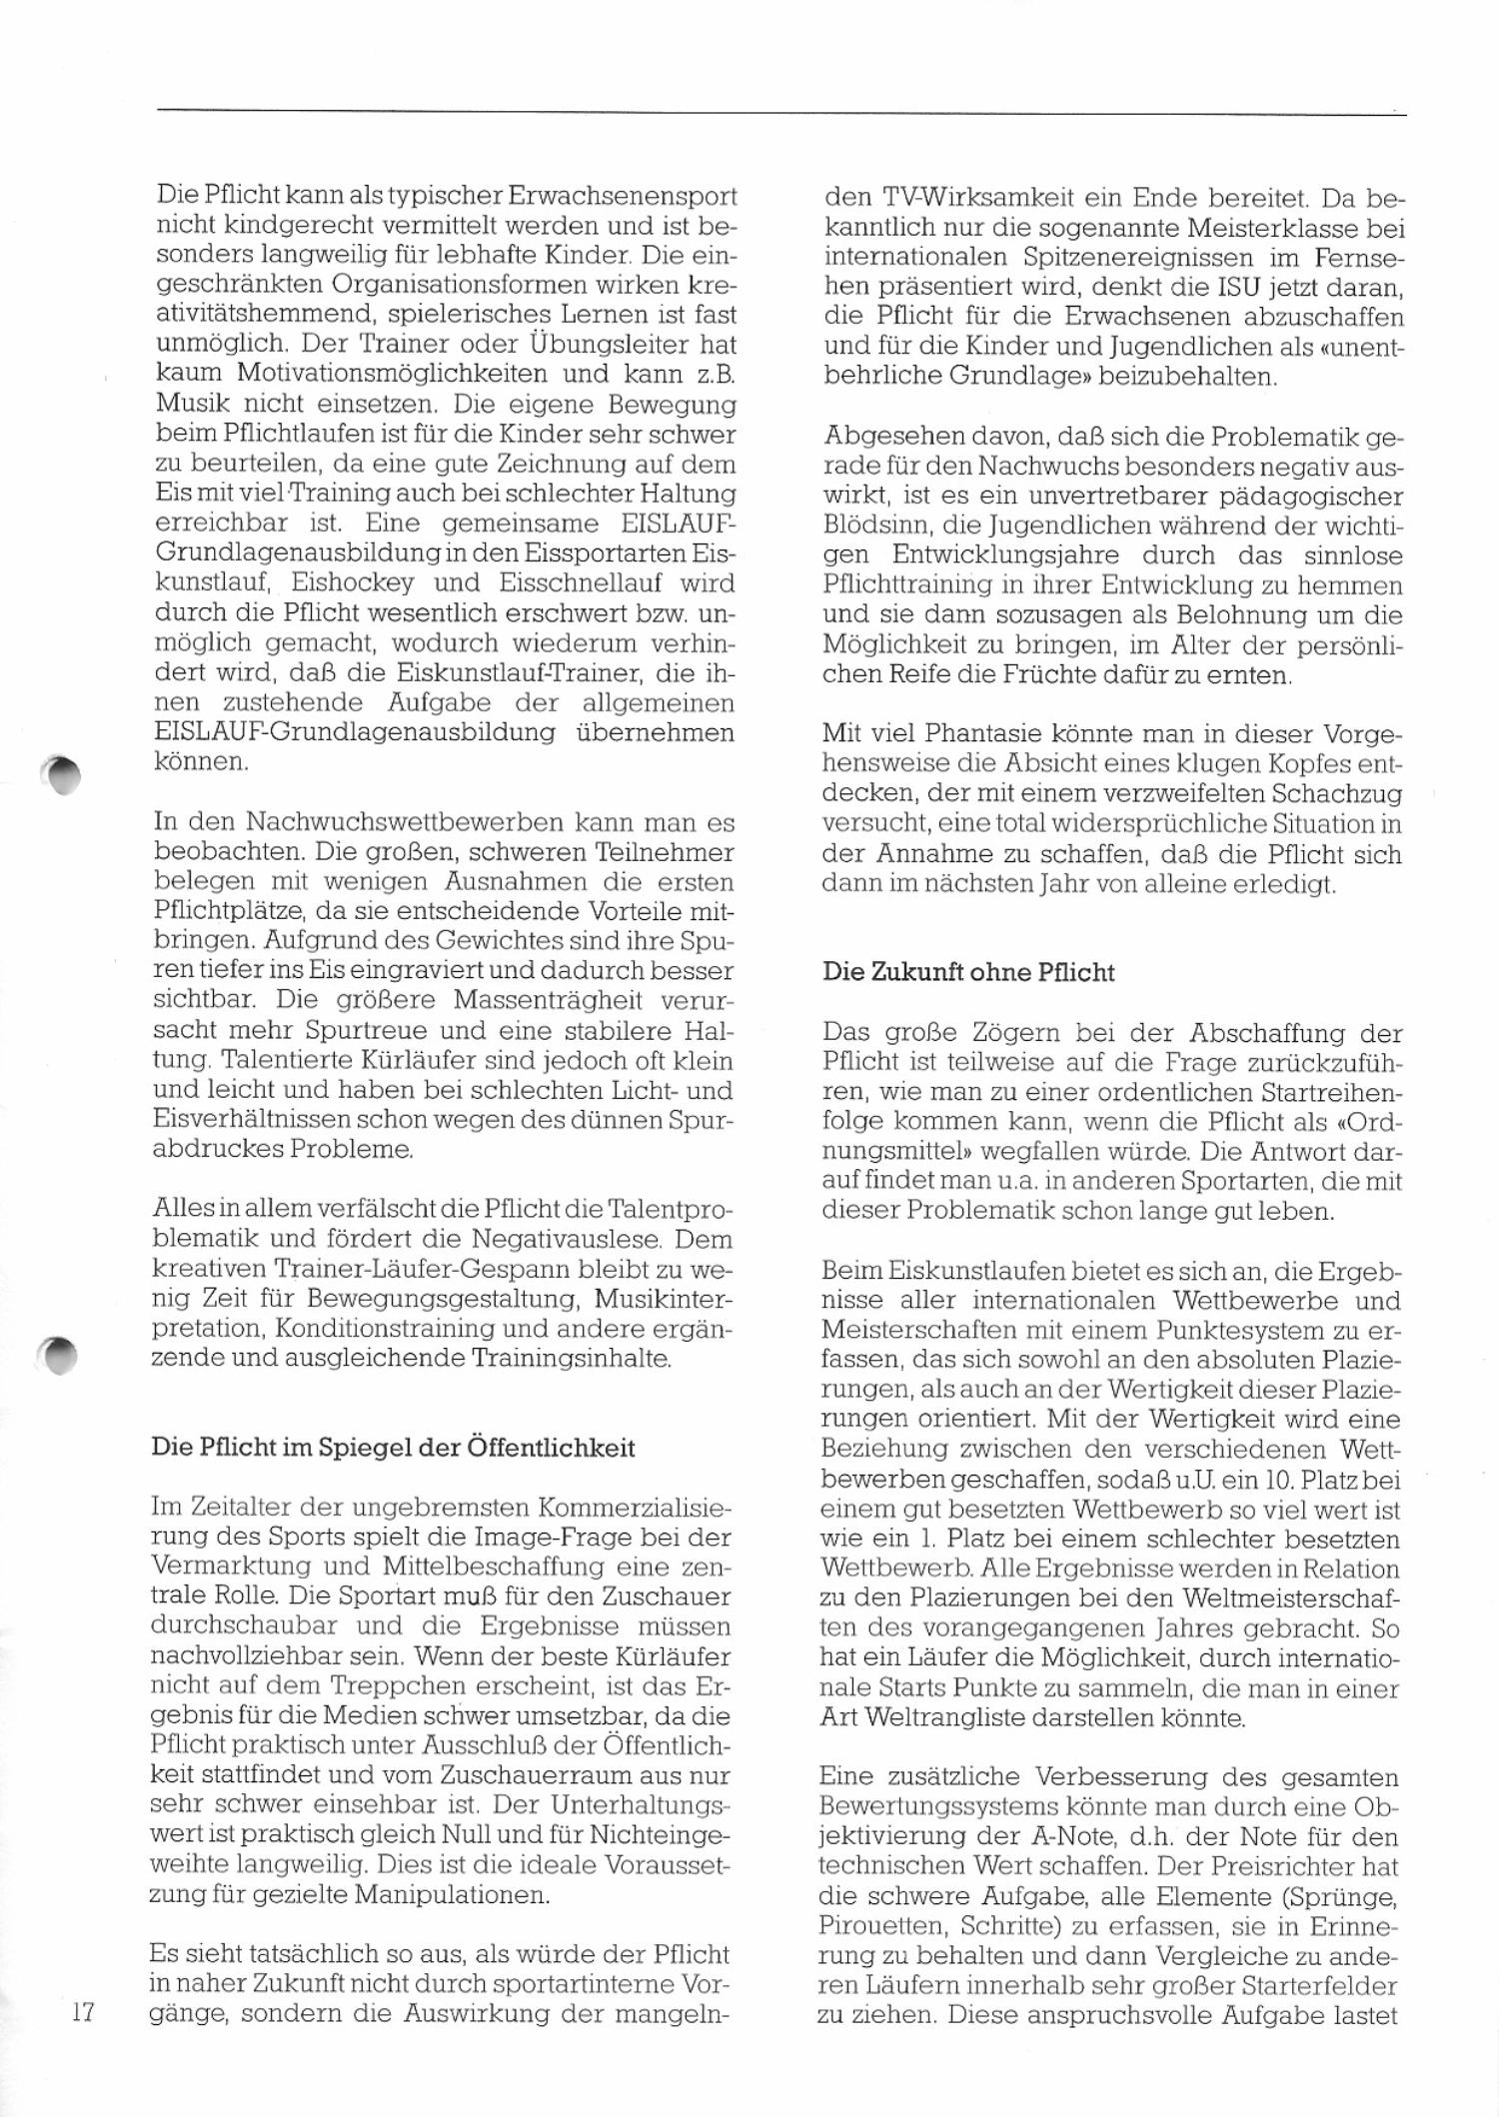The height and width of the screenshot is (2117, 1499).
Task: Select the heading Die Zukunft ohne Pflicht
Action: pyautogui.click(x=967, y=972)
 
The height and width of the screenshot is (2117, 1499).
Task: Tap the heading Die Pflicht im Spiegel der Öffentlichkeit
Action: pyautogui.click(x=393, y=1447)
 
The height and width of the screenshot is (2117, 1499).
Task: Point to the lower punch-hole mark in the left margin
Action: pyautogui.click(x=62, y=1355)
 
